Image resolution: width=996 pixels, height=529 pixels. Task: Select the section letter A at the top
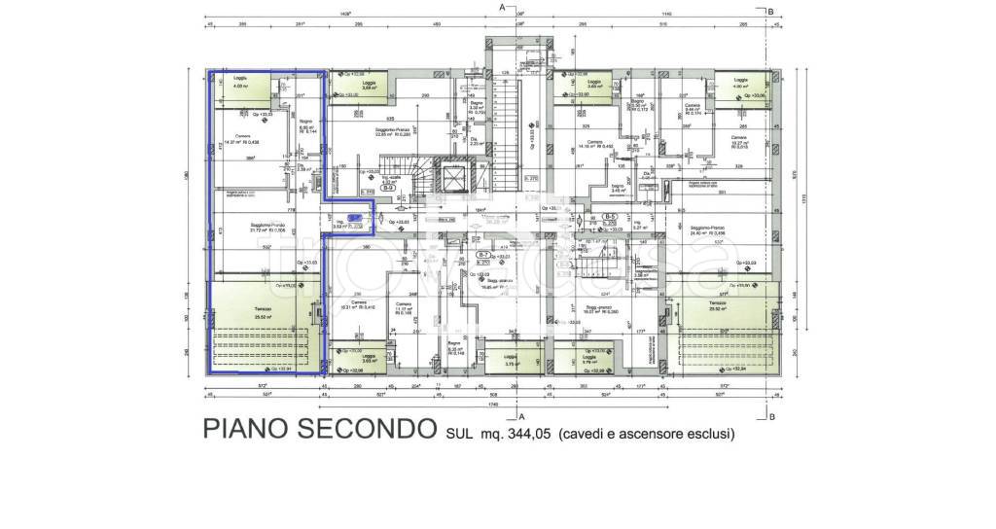click(x=502, y=8)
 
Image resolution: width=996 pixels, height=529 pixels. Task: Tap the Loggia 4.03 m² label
click(x=239, y=81)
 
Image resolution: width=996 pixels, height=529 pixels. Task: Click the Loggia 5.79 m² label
click(x=588, y=359)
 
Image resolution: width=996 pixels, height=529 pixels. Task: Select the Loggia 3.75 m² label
click(x=510, y=359)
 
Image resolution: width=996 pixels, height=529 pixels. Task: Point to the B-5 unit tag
click(x=611, y=216)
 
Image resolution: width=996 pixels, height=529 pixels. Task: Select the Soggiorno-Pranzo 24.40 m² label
click(x=707, y=231)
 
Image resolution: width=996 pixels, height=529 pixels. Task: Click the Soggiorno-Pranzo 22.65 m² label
click(x=392, y=130)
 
